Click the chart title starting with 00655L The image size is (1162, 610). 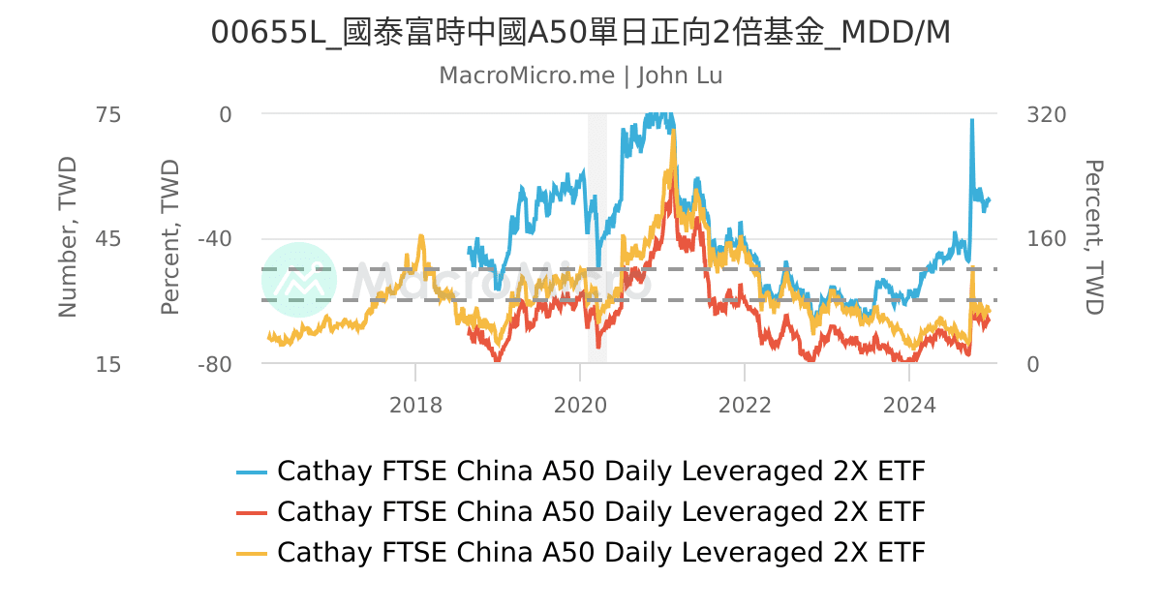click(x=581, y=33)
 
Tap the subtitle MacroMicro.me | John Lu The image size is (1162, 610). click(x=581, y=76)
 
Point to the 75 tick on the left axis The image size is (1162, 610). click(x=107, y=114)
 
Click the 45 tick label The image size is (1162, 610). click(x=107, y=239)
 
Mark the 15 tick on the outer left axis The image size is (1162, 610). click(x=107, y=364)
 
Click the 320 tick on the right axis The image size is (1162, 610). click(x=1046, y=114)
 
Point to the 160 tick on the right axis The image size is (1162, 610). click(x=1046, y=239)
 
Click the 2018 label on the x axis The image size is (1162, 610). click(x=415, y=404)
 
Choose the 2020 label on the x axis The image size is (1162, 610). click(x=580, y=404)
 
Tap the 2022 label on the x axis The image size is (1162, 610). click(x=745, y=404)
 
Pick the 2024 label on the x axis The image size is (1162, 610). click(x=909, y=404)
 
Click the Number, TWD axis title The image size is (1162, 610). click(x=67, y=238)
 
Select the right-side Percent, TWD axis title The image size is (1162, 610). click(x=1093, y=238)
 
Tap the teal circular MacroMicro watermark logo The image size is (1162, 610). click(x=299, y=280)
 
